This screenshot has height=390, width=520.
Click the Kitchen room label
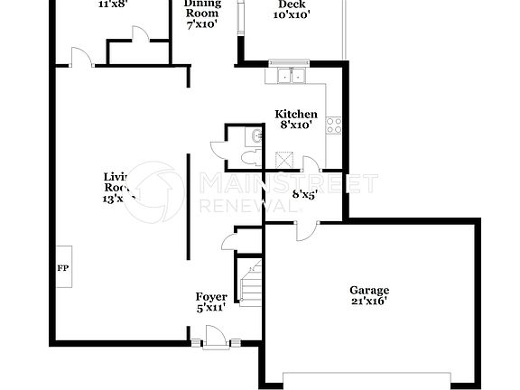[x=296, y=114]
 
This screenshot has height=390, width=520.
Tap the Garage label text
[x=369, y=291]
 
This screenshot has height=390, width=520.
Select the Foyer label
[x=211, y=297]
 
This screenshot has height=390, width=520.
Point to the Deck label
[x=291, y=4]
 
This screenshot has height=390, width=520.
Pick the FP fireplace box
[x=63, y=268]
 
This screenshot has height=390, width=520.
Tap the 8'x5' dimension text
[x=304, y=192]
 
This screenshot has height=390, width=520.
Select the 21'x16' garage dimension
[x=369, y=302]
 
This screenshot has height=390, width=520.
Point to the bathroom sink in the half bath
[x=257, y=136]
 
